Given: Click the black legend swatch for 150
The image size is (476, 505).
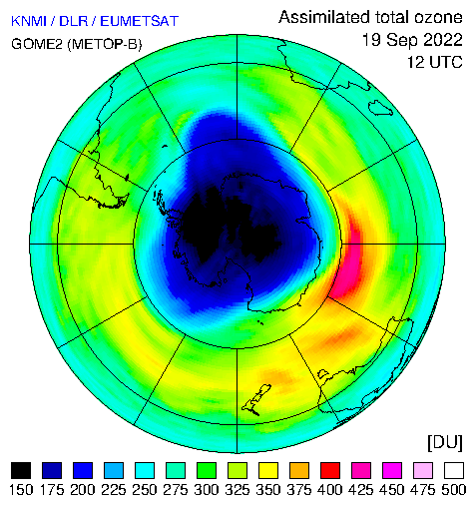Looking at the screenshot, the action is pyautogui.click(x=21, y=470).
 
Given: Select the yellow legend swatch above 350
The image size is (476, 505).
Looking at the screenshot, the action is pyautogui.click(x=268, y=470).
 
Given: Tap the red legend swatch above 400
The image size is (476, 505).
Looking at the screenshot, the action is pyautogui.click(x=330, y=470).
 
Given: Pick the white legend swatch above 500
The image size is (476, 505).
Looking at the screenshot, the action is pyautogui.click(x=454, y=470).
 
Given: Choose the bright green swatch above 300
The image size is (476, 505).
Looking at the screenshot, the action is pyautogui.click(x=207, y=470).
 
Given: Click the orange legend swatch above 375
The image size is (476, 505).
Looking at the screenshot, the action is pyautogui.click(x=299, y=470).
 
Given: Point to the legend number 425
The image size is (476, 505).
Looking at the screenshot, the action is pyautogui.click(x=361, y=490).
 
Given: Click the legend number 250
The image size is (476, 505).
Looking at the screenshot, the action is pyautogui.click(x=145, y=490).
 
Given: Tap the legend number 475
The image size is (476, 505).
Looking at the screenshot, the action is pyautogui.click(x=423, y=490).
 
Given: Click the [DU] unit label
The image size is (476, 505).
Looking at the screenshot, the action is pyautogui.click(x=445, y=442).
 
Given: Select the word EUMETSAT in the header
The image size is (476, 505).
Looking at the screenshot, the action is pyautogui.click(x=140, y=21).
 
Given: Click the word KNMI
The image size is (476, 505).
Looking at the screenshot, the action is pyautogui.click(x=29, y=21).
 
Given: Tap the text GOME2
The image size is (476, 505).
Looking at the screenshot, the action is pyautogui.click(x=37, y=44).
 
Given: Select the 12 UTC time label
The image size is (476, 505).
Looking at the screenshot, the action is pyautogui.click(x=435, y=62).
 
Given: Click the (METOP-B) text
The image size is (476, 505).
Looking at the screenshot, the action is pyautogui.click(x=105, y=44).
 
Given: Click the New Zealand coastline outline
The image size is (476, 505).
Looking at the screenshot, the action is pyautogui.click(x=256, y=400).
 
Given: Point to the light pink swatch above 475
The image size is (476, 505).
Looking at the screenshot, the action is pyautogui.click(x=423, y=470).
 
